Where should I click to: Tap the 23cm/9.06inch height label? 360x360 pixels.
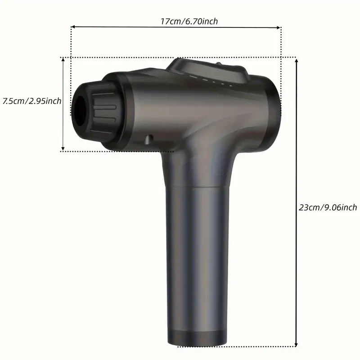tap(328, 207)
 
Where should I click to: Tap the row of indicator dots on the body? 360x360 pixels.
tap(212, 81)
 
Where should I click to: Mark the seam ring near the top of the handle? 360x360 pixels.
tap(198, 186)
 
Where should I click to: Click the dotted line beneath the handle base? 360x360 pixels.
tap(234, 347)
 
